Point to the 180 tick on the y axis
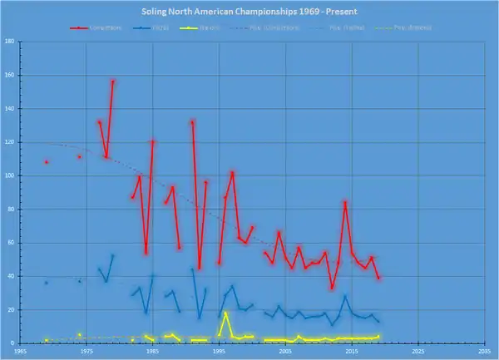pos(9,42)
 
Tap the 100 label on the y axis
pos(9,176)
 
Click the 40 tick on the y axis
pos(11,276)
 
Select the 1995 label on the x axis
pos(219,352)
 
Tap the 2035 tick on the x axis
pos(484,352)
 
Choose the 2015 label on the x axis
pos(352,352)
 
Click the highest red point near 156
pos(113,81)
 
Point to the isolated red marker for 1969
pos(47,162)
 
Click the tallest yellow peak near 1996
pos(226,313)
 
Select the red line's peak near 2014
pos(345,202)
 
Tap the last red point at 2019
pos(378,278)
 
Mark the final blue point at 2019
pos(378,321)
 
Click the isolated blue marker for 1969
pos(47,283)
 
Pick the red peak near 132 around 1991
pos(193,122)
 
